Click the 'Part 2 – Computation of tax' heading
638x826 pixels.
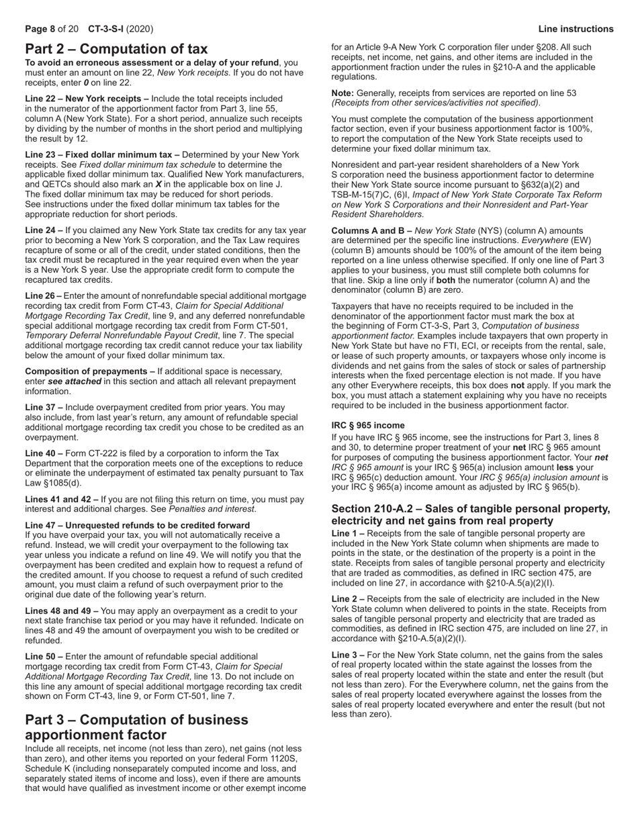(x=116, y=49)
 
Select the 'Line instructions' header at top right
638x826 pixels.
(x=576, y=29)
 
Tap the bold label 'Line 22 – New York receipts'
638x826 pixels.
(x=87, y=99)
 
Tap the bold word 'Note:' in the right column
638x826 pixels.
(x=345, y=93)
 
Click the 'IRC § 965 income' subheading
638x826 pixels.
(x=368, y=425)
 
